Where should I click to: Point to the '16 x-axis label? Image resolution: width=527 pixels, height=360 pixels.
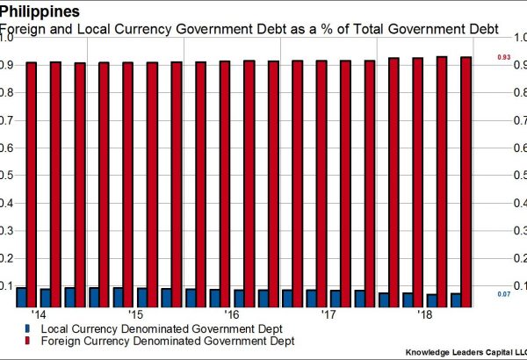pyautogui.click(x=232, y=314)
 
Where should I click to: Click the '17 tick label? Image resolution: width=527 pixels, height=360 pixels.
pyautogui.click(x=328, y=314)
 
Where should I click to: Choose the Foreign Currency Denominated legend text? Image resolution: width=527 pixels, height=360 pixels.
pyautogui.click(x=144, y=340)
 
